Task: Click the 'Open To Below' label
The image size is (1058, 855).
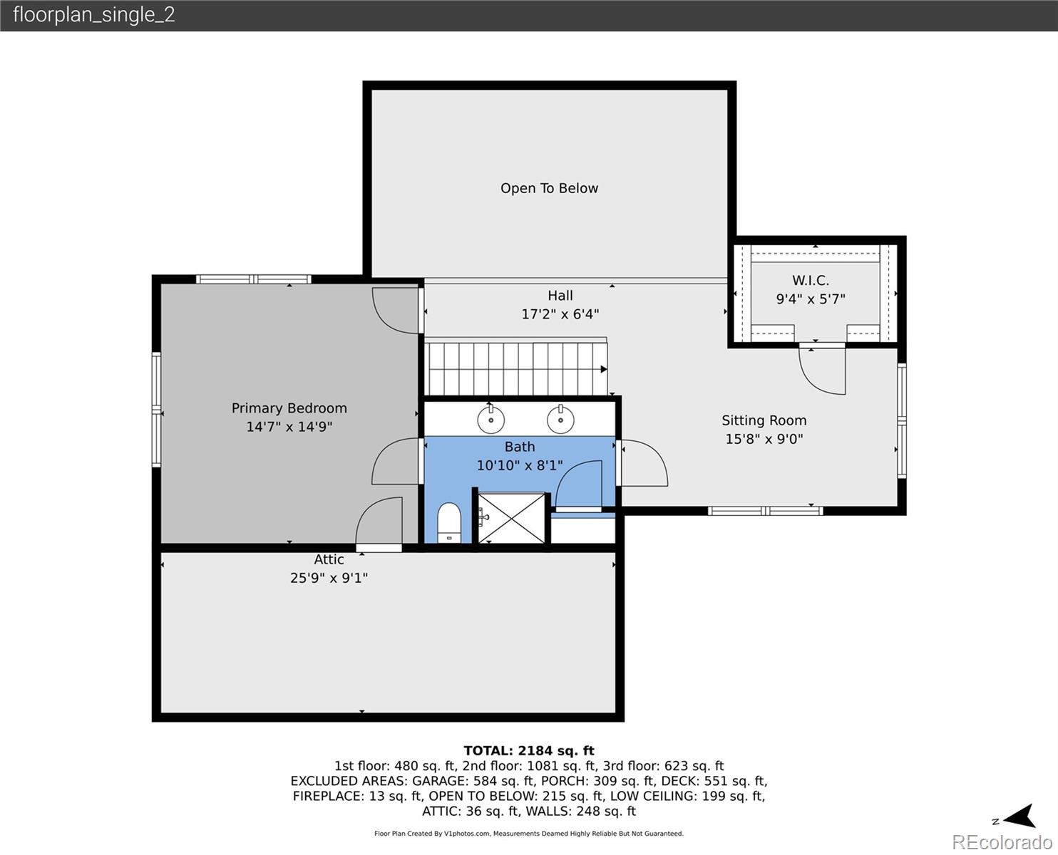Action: click(549, 189)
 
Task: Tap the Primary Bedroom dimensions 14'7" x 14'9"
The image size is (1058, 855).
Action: click(289, 427)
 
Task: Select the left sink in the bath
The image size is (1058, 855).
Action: click(491, 420)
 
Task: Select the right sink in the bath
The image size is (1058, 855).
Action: click(561, 420)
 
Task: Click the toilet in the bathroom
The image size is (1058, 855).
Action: click(449, 523)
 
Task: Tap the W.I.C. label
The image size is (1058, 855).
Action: click(811, 281)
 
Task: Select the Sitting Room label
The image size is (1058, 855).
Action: click(764, 420)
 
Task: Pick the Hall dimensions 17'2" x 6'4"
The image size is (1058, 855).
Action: click(560, 314)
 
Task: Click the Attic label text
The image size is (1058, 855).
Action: click(329, 560)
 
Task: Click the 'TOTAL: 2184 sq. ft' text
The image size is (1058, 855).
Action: click(528, 750)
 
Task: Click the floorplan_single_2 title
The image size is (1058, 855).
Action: click(93, 15)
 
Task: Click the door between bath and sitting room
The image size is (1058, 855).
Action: click(643, 463)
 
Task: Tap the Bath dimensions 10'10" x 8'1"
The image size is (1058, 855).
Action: click(519, 466)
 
